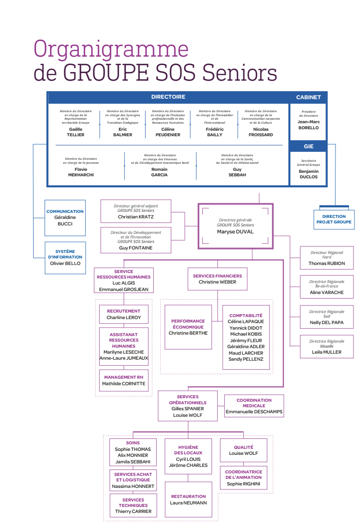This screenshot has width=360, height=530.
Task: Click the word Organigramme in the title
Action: (x=111, y=50)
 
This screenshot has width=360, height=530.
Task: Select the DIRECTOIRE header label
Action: (x=168, y=97)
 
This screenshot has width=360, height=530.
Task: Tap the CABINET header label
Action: (x=308, y=97)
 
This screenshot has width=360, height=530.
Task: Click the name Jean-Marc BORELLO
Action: (x=308, y=125)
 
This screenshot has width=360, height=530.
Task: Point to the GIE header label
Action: (x=308, y=146)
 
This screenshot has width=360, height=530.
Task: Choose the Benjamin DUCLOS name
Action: (x=308, y=174)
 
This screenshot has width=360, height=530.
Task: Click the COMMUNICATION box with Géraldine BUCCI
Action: (x=65, y=218)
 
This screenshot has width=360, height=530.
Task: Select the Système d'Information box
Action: (x=65, y=257)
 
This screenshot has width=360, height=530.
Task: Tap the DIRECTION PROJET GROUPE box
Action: (x=334, y=219)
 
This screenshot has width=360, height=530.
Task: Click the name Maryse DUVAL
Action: (x=235, y=232)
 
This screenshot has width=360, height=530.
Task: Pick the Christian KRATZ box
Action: (x=136, y=211)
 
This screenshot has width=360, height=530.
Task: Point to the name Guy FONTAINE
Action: (x=136, y=248)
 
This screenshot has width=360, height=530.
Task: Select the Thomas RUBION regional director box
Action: (x=327, y=258)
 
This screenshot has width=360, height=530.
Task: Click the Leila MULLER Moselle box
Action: (x=327, y=347)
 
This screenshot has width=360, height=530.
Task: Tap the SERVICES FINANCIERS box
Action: (x=217, y=279)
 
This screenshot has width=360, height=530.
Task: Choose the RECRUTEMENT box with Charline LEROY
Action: (x=124, y=315)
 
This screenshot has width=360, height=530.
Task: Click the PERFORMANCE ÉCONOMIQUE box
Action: (x=188, y=327)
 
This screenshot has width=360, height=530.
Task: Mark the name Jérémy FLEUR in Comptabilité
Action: (x=246, y=340)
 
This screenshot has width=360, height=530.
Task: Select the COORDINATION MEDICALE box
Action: (x=254, y=406)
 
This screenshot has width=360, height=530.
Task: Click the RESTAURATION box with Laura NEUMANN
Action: (x=188, y=499)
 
